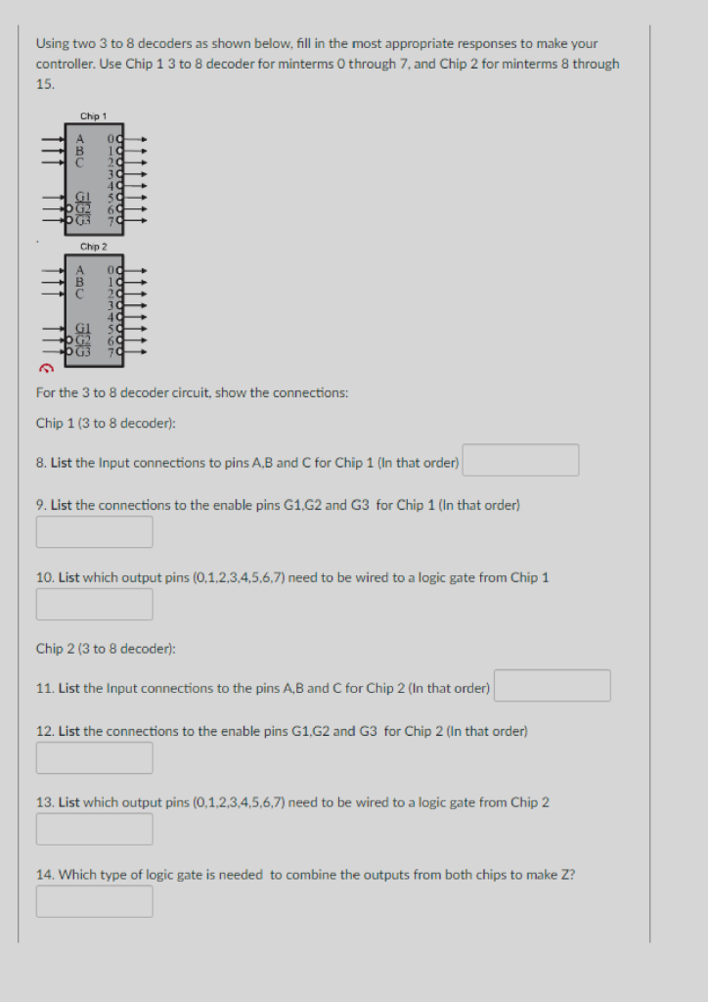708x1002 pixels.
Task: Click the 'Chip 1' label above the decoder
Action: [x=93, y=116]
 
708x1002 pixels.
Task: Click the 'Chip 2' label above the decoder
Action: [x=93, y=247]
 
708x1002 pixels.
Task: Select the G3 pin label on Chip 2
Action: [x=82, y=351]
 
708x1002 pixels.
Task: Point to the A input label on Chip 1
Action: [x=81, y=140]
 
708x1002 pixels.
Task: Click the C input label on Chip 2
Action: [x=81, y=293]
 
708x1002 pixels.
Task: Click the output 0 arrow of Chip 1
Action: [x=140, y=140]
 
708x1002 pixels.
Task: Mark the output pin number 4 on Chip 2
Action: [x=117, y=316]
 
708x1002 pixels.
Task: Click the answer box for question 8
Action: [x=520, y=460]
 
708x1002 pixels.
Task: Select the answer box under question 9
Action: [x=95, y=532]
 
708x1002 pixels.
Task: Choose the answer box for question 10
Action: [x=95, y=604]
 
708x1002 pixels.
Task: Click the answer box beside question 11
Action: [x=553, y=686]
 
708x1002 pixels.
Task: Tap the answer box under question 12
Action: [x=95, y=757]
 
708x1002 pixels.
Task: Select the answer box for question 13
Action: [x=95, y=829]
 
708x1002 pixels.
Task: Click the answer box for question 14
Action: [x=95, y=901]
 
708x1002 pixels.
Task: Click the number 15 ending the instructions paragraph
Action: [x=44, y=85]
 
